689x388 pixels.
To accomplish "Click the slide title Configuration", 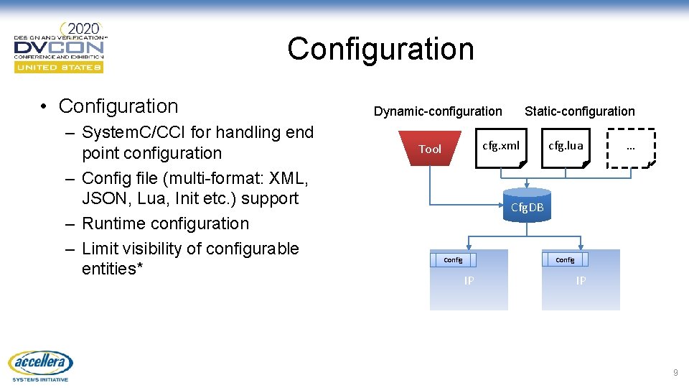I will click(x=380, y=50).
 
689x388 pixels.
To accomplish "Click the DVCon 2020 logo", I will click(x=60, y=47).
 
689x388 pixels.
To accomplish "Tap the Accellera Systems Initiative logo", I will click(x=40, y=366).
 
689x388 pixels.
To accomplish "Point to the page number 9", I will click(x=675, y=373).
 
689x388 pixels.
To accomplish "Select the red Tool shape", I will click(x=430, y=148).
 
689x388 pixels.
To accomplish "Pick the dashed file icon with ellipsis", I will click(x=630, y=148).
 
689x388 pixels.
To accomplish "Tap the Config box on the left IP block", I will click(x=453, y=259).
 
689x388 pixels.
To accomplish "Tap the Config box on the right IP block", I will click(x=565, y=259).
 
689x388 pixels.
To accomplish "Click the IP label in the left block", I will click(x=469, y=281).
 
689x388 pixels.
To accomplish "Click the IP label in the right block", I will click(x=581, y=281).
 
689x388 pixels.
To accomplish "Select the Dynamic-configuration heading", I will click(x=438, y=111).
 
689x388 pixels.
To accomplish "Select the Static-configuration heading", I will click(x=579, y=111).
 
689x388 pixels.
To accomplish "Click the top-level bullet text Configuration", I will click(x=118, y=106).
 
